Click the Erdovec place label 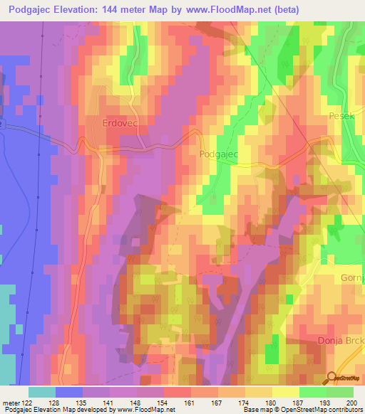tap(109, 122)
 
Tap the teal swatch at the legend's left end tap(42, 392)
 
